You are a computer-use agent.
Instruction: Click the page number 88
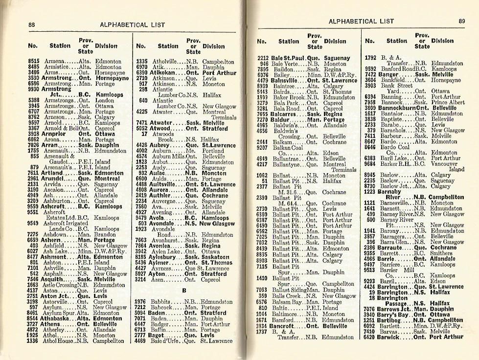coord(31,25)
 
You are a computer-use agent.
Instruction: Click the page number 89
coord(462,21)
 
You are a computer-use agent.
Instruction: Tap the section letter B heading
coord(184,290)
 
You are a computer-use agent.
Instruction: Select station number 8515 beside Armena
coord(34,62)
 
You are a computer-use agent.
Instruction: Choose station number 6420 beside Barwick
coord(369,337)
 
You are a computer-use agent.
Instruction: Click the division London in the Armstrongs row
coord(104,100)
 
